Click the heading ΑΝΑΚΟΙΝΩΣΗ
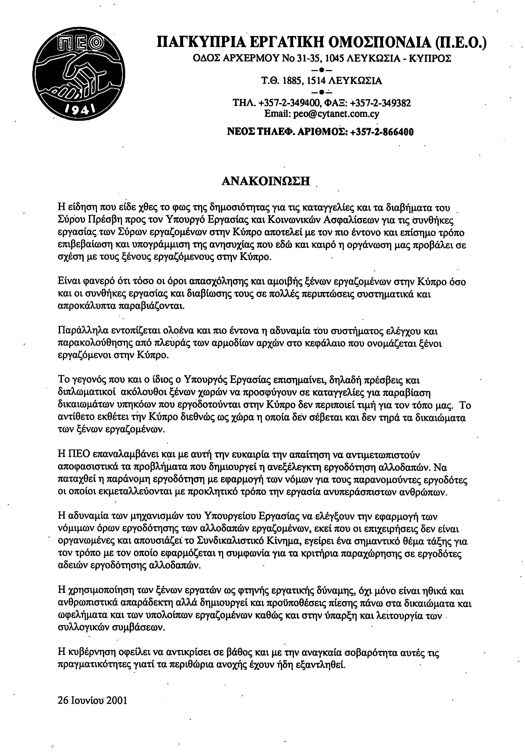[x=266, y=181]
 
